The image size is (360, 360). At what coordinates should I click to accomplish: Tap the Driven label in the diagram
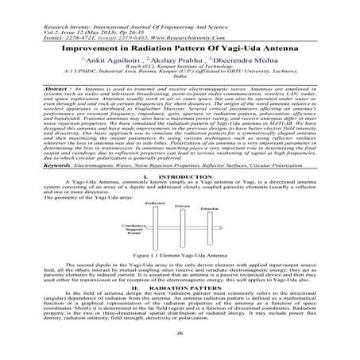tap(182, 206)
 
